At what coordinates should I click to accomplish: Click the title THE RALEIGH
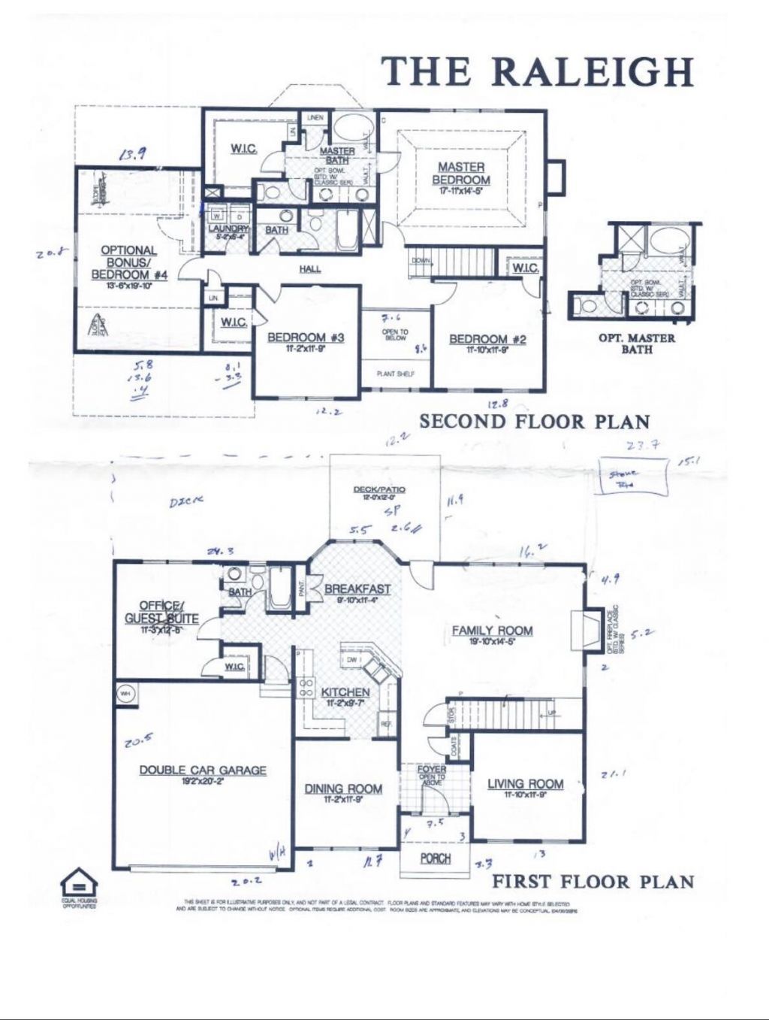538,71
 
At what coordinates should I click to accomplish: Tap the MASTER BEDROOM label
461,174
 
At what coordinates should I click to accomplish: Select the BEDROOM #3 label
306,338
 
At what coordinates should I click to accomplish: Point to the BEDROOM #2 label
487,340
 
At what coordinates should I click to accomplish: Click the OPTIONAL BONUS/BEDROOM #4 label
128,262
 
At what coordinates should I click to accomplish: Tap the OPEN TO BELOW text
395,335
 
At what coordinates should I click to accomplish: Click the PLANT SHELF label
395,374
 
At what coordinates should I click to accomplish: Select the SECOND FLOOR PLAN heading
534,422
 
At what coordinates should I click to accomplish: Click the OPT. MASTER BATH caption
636,344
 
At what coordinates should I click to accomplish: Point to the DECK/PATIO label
379,490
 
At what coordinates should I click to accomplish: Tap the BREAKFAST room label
357,589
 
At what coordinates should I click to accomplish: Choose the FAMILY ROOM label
492,631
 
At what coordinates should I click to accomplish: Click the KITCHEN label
345,692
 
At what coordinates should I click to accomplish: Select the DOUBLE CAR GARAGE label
203,770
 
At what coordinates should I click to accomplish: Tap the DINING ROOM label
343,788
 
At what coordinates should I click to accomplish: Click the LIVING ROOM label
526,784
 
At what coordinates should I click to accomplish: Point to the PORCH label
435,858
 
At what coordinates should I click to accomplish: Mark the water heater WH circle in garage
125,694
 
